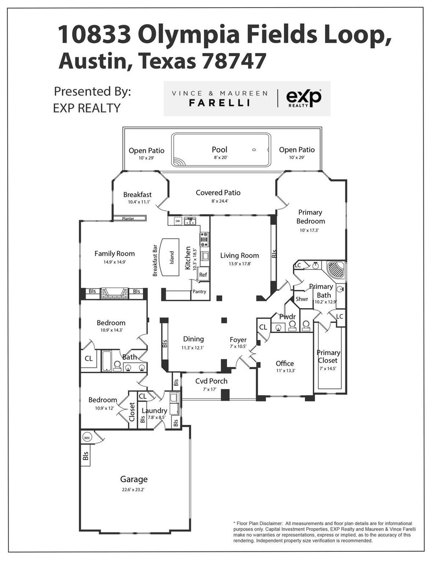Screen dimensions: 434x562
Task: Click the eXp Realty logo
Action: pos(303,98)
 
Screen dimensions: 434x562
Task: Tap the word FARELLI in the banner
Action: pos(220,103)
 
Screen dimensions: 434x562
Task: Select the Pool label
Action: pos(220,149)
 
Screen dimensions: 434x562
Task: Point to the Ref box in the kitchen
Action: pos(203,275)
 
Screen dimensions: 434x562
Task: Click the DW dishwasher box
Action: pos(178,221)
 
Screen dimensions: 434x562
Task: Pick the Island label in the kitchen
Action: pos(172,258)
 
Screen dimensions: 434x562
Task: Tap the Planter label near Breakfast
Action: pos(128,218)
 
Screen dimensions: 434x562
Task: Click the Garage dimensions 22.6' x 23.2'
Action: pos(134,490)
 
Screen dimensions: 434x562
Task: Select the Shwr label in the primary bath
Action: pos(302,299)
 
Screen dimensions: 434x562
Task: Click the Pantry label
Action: pos(199,292)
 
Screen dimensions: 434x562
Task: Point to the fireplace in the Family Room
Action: pos(114,293)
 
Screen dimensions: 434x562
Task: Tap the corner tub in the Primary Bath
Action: pos(335,270)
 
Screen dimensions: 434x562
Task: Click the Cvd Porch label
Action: pos(211,381)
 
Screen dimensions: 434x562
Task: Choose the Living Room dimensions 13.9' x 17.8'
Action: pos(239,264)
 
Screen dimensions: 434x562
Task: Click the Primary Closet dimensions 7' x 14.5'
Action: pos(328,369)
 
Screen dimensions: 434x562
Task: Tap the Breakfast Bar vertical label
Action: pos(155,260)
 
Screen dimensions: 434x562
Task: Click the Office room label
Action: pos(284,364)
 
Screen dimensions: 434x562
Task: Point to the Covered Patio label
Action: pos(218,193)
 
